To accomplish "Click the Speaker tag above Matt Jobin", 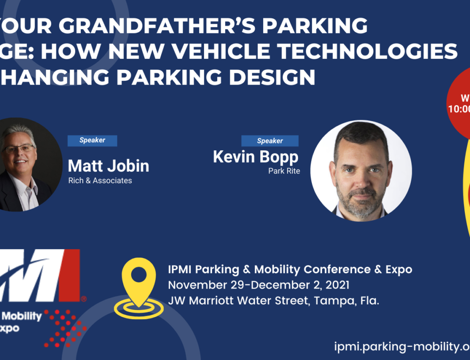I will tap(92, 140).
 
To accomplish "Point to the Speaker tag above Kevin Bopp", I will tap(270, 141).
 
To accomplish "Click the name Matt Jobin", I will tap(109, 165).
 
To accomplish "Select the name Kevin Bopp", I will tap(256, 157).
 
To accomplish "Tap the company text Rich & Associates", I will tap(100, 180).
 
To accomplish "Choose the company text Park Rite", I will tap(284, 171).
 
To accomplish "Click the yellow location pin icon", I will tap(139, 284).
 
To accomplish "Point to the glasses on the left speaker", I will tap(19, 149).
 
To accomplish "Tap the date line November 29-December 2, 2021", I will tap(258, 285).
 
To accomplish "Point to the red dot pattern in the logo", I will tap(66, 327).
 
